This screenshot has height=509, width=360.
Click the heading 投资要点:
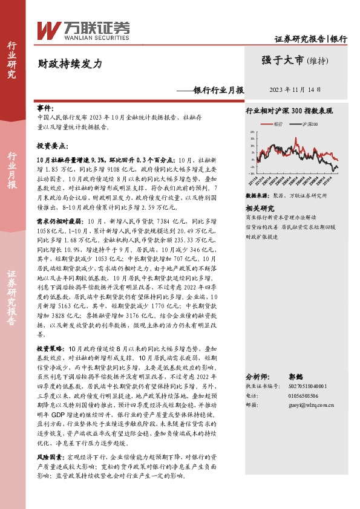(x=50, y=146)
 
